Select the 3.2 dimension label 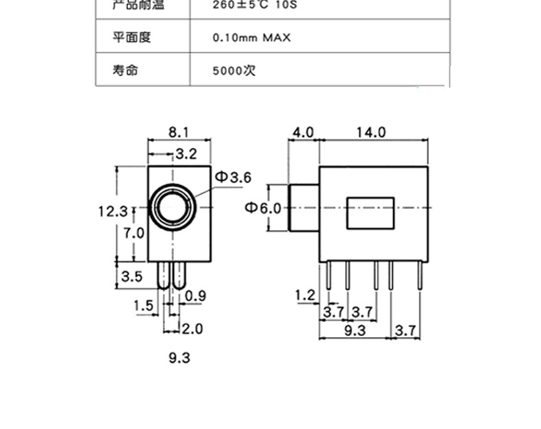tap(186, 154)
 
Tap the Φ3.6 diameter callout tap(234, 177)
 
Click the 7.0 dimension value tap(134, 233)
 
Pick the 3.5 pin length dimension tap(131, 277)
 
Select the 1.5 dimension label tap(143, 305)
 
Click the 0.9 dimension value tap(196, 296)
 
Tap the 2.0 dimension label tap(192, 329)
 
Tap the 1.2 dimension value tap(305, 295)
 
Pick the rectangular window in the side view tap(370, 213)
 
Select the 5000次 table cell tap(234, 70)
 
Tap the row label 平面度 tap(131, 37)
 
